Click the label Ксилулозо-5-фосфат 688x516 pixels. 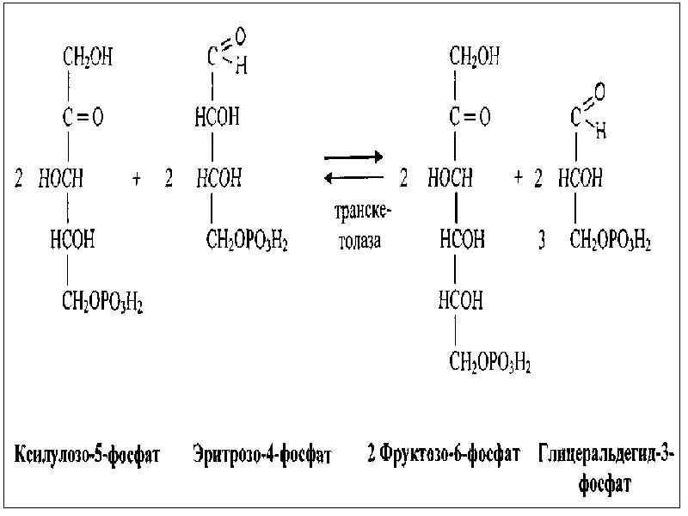[x=88, y=453]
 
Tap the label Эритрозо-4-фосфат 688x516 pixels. [x=261, y=453]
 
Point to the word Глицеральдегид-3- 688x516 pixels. [x=607, y=453]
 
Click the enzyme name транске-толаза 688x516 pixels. [x=354, y=227]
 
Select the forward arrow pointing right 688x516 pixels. [x=353, y=158]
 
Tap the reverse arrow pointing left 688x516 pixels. [x=353, y=178]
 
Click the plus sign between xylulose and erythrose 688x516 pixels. [x=137, y=179]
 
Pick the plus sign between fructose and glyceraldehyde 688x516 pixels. [x=519, y=178]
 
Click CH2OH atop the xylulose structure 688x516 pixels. [x=88, y=58]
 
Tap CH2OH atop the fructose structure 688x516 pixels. [x=474, y=58]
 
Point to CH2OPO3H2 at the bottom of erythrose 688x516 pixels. [x=247, y=242]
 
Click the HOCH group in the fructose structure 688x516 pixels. [x=450, y=179]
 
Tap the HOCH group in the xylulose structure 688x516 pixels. [x=60, y=179]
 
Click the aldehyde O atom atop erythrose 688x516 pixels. [x=240, y=37]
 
